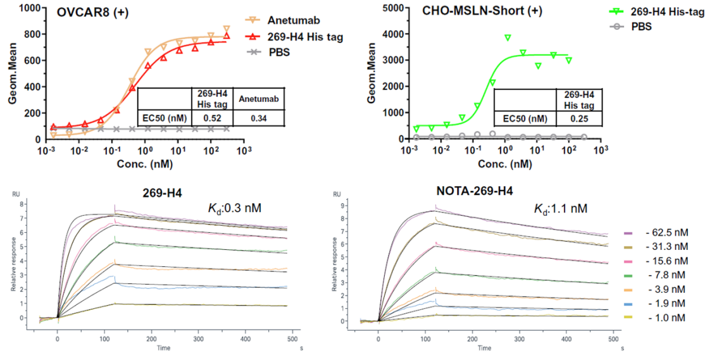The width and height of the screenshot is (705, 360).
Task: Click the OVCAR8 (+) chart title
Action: click(96, 13)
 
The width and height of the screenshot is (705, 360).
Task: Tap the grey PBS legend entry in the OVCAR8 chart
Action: click(278, 52)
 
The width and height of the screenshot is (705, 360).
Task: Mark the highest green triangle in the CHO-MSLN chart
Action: click(508, 38)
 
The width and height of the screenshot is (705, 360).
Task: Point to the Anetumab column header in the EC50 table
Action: click(258, 99)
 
